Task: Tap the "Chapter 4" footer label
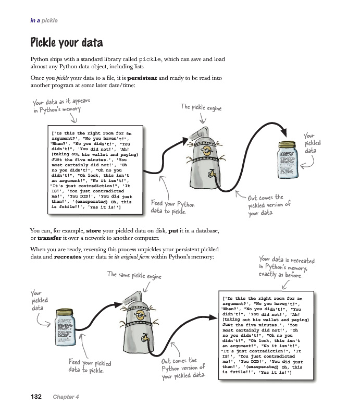coord(66,397)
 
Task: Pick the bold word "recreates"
coord(71,257)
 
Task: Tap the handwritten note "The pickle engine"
coord(201,107)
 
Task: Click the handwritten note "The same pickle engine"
coord(134,275)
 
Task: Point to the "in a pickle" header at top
coord(43,21)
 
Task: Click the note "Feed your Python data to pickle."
coord(172,207)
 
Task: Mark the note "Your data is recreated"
coord(287,266)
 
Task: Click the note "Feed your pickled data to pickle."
coord(90,366)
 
